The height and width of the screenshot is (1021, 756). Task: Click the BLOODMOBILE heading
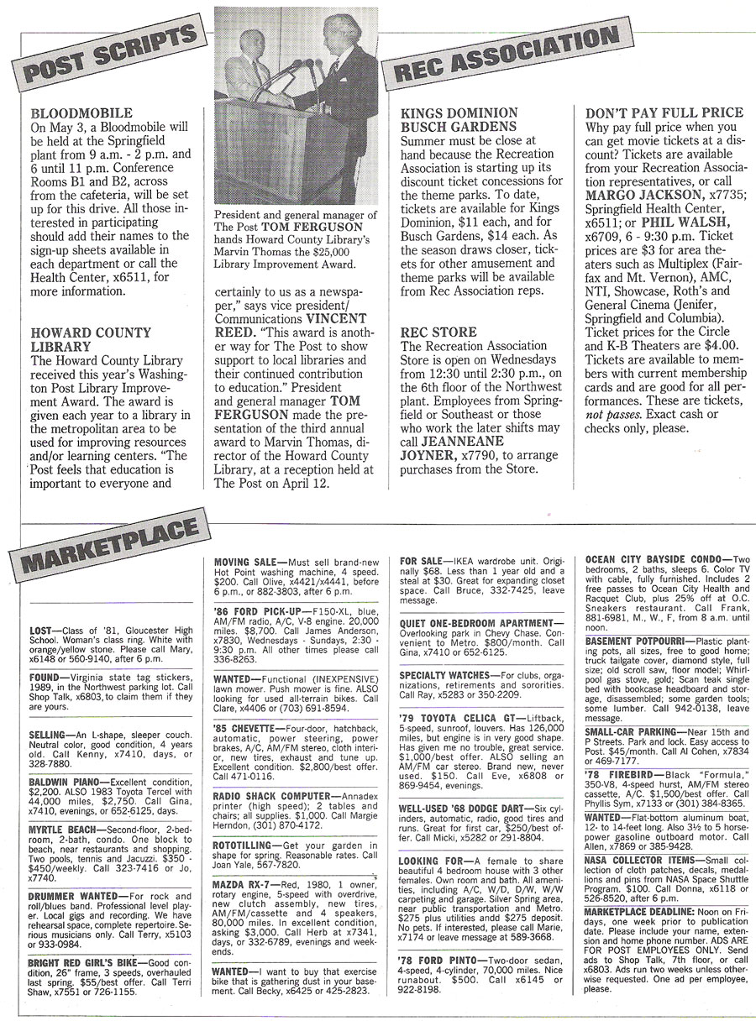(x=81, y=113)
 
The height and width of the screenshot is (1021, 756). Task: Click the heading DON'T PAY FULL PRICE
(x=664, y=113)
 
